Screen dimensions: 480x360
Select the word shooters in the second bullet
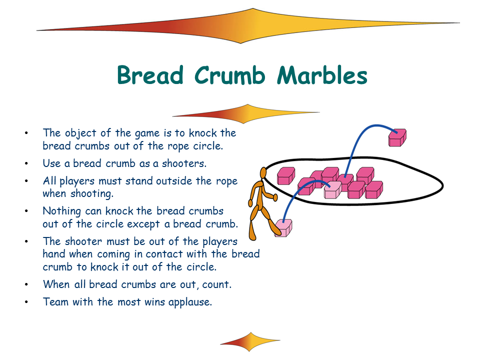184,163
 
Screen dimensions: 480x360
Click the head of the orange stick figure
263,173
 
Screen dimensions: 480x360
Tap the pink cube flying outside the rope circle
397,138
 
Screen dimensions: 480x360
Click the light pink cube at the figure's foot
283,228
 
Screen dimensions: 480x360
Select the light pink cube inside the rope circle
333,190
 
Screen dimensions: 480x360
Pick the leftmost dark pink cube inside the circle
286,175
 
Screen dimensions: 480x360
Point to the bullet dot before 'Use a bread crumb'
26,163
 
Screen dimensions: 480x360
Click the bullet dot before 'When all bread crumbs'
26,284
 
